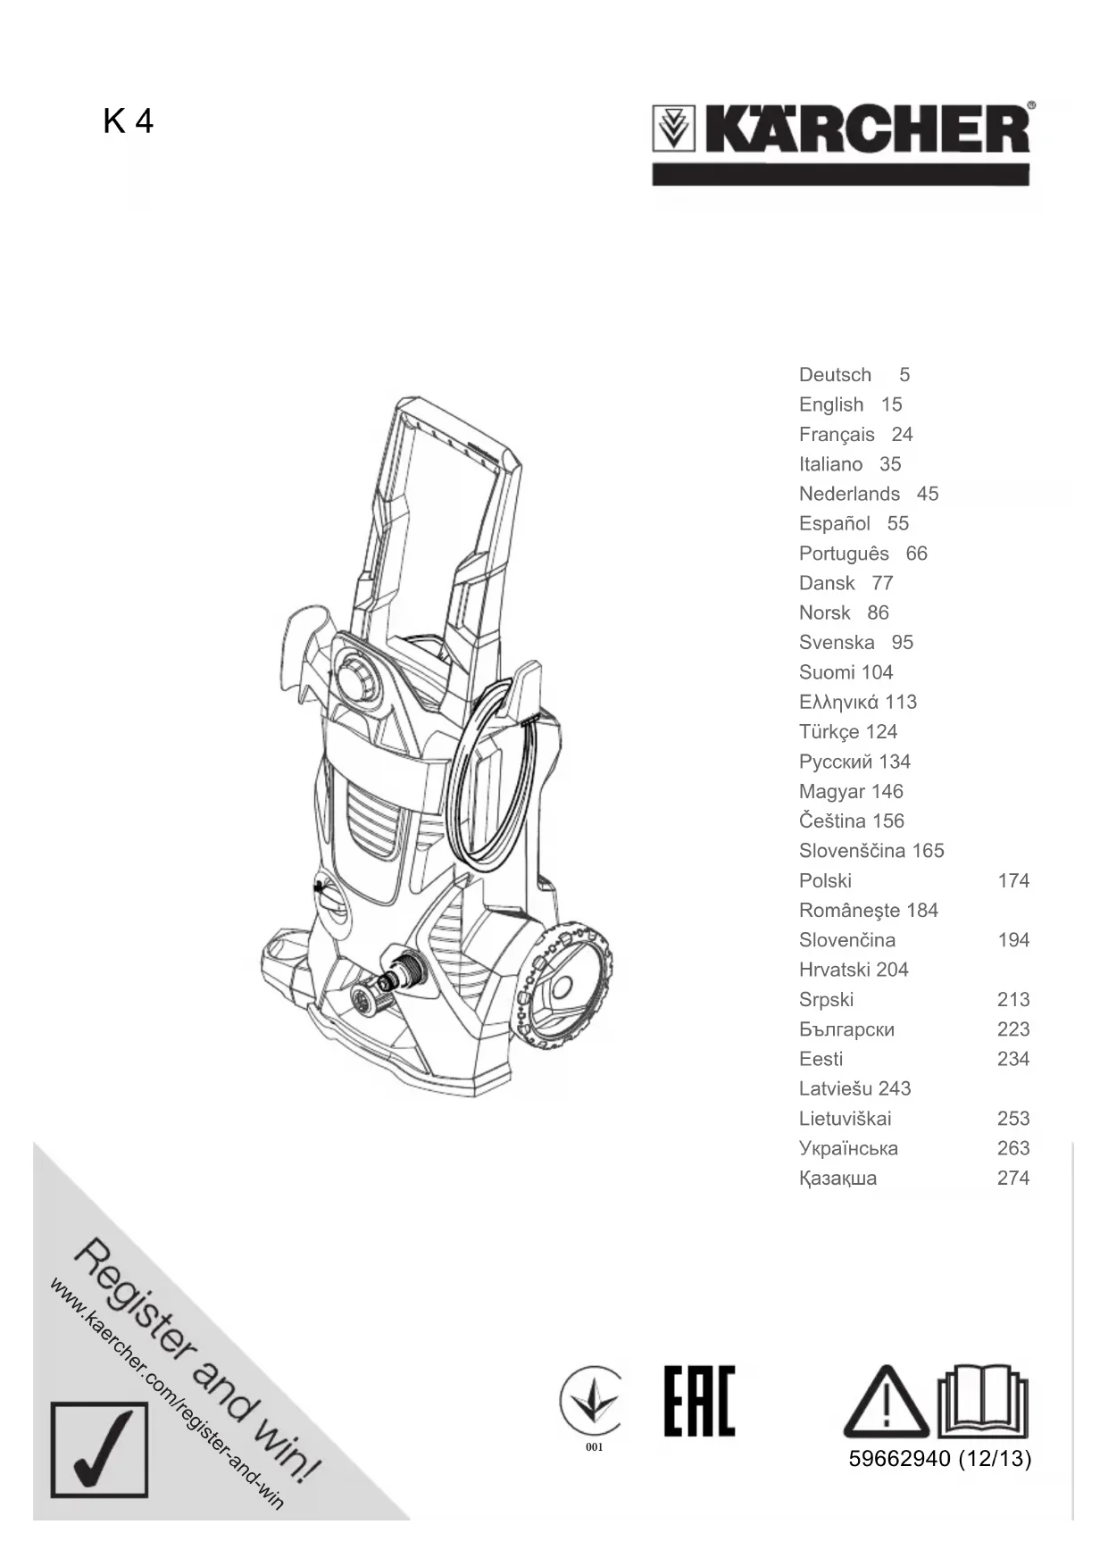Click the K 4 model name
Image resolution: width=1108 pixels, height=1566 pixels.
point(128,121)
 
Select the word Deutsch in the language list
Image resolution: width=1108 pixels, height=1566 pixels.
point(835,375)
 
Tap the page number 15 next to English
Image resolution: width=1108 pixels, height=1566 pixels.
point(891,404)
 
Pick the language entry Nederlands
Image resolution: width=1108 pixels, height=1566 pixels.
point(849,494)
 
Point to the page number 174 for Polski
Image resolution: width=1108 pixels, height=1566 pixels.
point(1013,880)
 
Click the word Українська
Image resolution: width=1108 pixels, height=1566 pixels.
point(848,1148)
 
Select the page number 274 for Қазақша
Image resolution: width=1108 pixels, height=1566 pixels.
point(1013,1178)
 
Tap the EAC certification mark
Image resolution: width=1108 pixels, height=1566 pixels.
point(699,1401)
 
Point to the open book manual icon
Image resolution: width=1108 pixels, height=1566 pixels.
point(983,1399)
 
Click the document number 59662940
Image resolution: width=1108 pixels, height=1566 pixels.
point(899,1459)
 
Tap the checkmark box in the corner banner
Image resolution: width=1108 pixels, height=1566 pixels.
point(99,1449)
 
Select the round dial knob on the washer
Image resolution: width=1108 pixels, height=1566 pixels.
point(358,679)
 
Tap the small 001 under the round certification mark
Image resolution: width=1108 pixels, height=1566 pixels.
point(595,1447)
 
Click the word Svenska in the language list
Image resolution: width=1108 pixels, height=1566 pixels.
point(837,643)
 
